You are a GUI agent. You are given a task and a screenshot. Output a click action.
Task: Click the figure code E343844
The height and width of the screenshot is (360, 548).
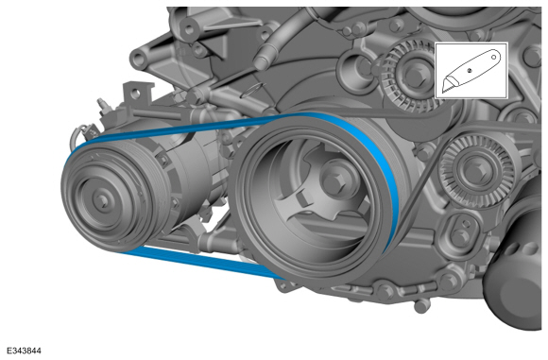pos(24,351)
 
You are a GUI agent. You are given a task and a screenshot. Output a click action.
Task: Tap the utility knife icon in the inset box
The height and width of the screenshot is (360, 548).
pos(471,70)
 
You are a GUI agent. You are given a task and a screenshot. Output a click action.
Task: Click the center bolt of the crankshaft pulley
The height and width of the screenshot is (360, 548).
pos(334,180)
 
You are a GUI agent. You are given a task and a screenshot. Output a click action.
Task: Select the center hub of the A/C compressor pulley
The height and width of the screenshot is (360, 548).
pos(102,200)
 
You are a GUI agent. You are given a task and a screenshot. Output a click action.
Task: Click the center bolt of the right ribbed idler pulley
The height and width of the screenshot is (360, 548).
pos(474,170)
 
